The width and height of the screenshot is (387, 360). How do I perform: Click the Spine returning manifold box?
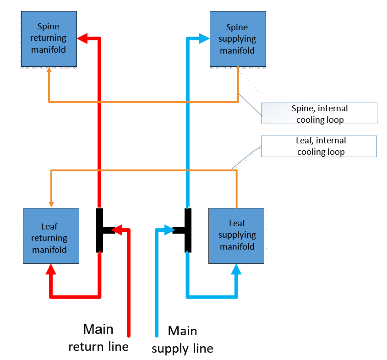49,39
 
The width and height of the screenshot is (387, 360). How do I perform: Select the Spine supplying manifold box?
237,39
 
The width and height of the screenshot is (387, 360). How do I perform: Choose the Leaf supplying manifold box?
236,235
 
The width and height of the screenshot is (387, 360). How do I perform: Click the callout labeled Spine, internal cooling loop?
319,114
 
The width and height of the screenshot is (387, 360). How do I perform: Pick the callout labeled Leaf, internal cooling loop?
319,146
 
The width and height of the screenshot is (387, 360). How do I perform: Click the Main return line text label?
98,338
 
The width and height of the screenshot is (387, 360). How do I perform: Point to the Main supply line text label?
182,339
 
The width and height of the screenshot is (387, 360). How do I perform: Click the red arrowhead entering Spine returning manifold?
82,38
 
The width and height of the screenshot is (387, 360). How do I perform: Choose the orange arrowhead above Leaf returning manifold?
51,203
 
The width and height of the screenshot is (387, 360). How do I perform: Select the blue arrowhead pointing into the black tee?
168,230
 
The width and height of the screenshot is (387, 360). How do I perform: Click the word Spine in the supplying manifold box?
237,27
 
